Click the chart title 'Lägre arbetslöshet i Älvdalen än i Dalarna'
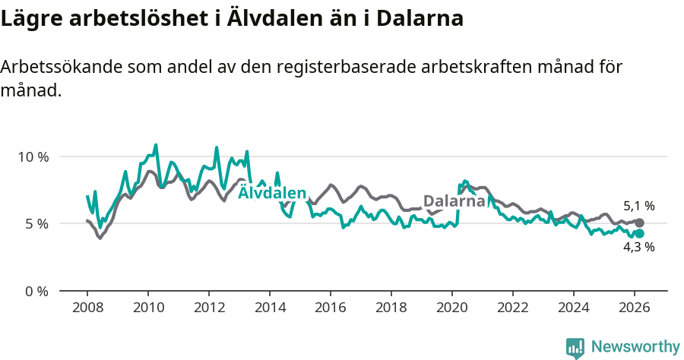pyautogui.click(x=232, y=19)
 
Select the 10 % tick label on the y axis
pyautogui.click(x=33, y=157)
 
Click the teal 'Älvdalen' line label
pyautogui.click(x=272, y=193)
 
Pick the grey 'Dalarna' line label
pyautogui.click(x=454, y=201)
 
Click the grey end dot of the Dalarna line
pyautogui.click(x=639, y=223)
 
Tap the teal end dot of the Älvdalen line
pyautogui.click(x=639, y=233)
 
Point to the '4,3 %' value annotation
pyautogui.click(x=638, y=247)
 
